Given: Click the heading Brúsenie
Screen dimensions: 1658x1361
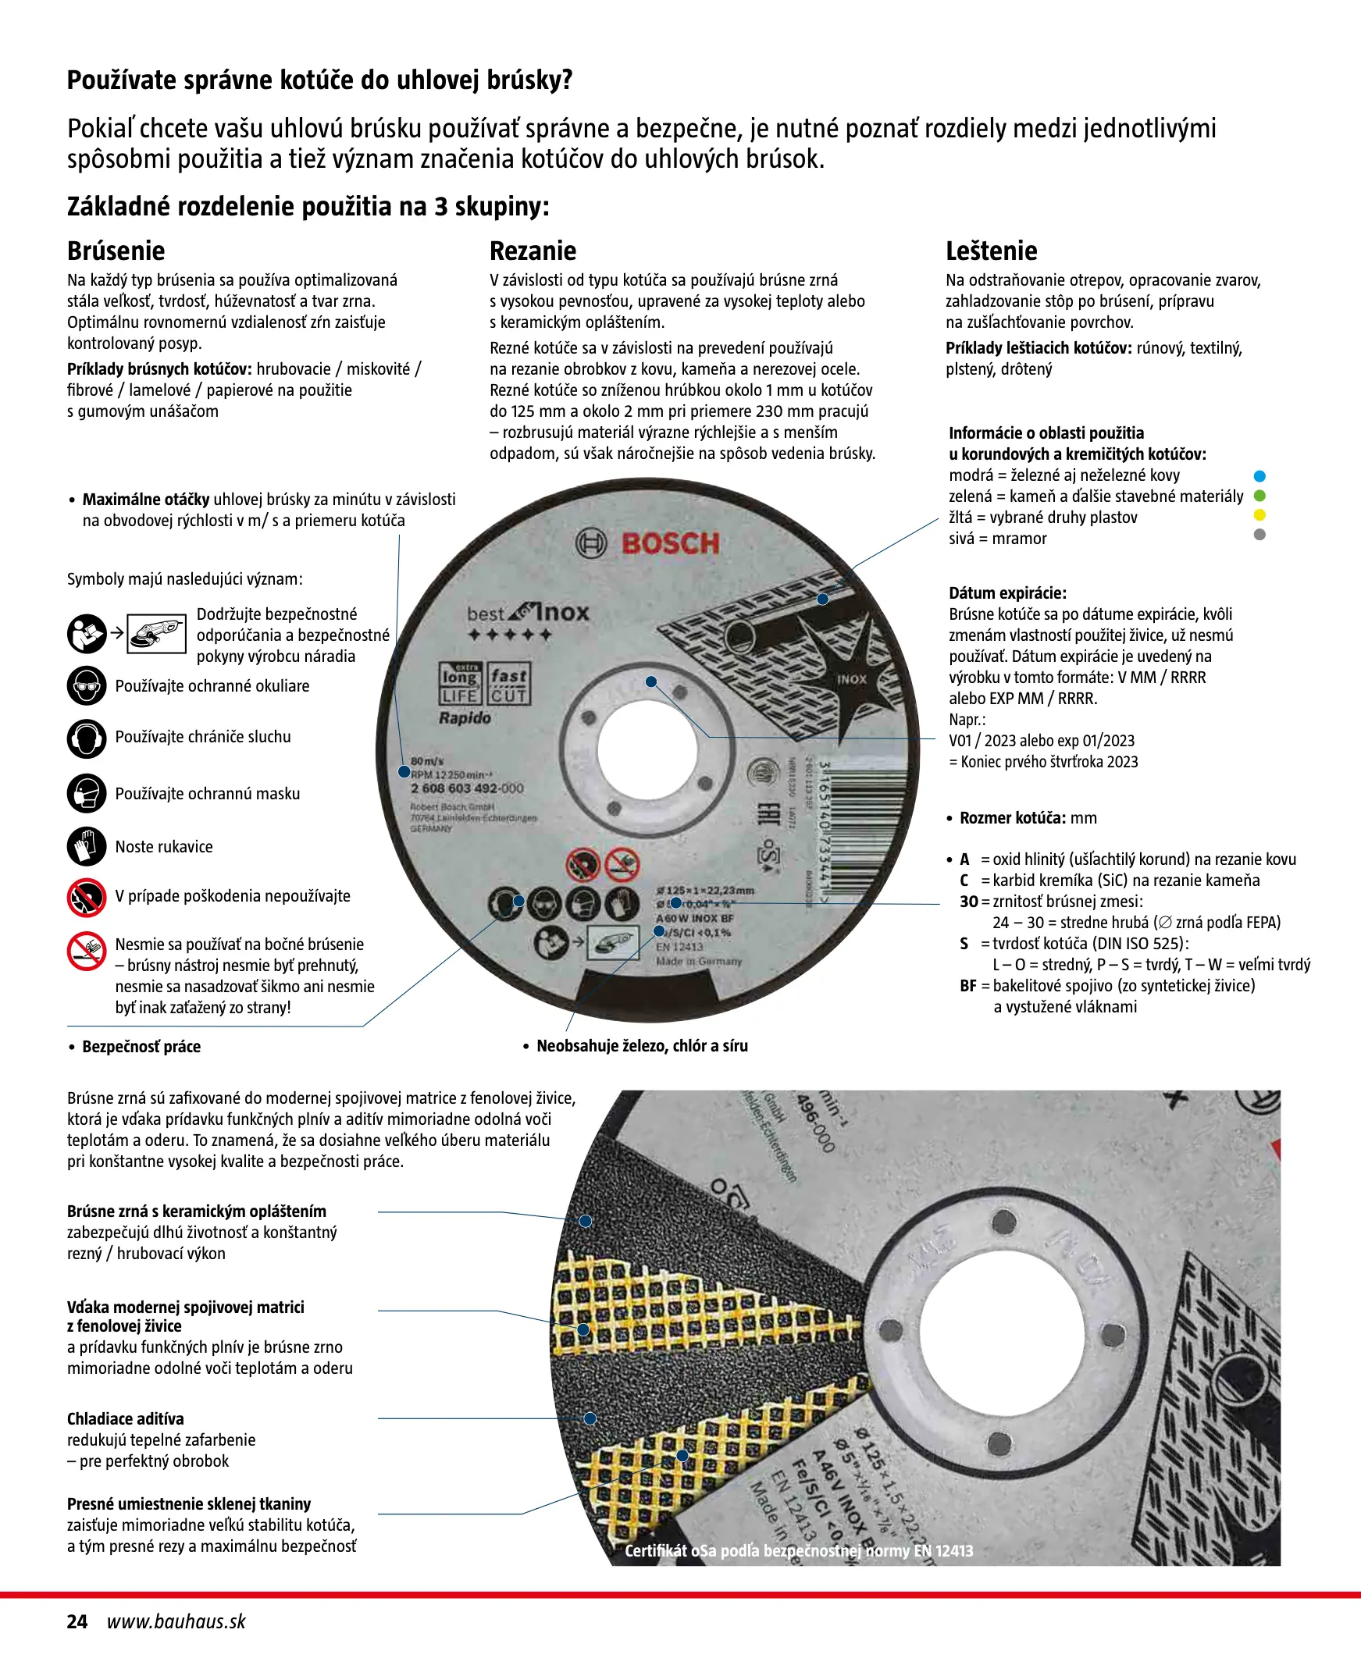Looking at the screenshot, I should coord(116,251).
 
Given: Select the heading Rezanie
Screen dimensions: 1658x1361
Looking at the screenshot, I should coord(533,251).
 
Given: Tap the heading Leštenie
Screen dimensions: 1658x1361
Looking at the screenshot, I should coord(991,251).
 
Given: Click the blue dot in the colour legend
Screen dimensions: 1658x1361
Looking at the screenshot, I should coord(1259,476).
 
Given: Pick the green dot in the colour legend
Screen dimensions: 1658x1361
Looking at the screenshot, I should coord(1259,496).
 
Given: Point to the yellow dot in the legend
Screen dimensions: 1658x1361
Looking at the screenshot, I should coord(1259,515).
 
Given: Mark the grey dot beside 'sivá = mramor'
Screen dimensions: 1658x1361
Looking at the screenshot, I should coord(1259,535).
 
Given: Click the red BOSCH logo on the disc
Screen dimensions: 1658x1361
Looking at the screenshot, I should coord(669,544).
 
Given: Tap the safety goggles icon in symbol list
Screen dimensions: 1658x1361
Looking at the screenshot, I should coord(86,686).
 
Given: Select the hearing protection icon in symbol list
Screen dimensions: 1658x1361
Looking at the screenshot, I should coord(86,738).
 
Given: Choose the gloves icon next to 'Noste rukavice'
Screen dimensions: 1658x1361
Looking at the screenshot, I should coord(86,847).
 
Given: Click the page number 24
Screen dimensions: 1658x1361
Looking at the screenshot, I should coord(77,1621).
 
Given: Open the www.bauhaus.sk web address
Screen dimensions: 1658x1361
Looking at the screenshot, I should coord(176,1621).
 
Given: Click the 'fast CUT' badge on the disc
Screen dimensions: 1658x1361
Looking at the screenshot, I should coord(509,684).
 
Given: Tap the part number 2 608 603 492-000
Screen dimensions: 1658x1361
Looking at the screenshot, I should coord(466,788).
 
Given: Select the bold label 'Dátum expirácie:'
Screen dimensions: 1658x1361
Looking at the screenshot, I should coord(1007,593).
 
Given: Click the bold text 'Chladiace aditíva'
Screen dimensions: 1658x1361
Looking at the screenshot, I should coord(126,1418).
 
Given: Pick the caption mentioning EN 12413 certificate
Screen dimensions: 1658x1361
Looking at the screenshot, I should coord(798,1550).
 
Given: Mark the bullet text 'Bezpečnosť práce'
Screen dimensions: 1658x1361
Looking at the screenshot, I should coord(141,1047).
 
